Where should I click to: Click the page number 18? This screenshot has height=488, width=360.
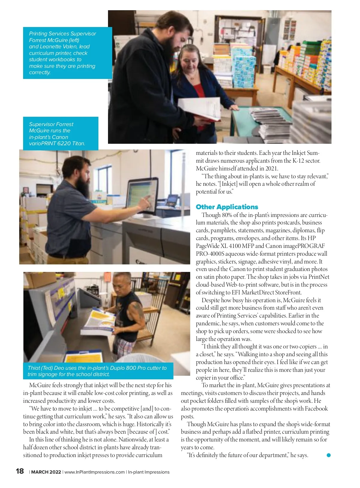(x=20, y=471)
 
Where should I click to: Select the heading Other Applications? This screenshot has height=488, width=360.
(x=227, y=207)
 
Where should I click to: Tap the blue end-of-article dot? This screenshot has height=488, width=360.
(x=328, y=455)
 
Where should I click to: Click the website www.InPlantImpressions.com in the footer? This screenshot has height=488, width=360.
(x=94, y=472)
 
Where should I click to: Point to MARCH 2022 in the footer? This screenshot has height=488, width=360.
(x=46, y=472)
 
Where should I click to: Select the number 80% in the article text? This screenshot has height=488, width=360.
(x=227, y=215)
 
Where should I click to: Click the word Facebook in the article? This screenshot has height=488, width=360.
(x=316, y=408)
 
